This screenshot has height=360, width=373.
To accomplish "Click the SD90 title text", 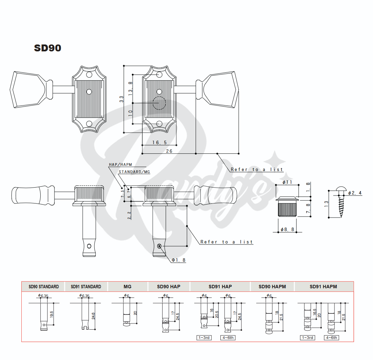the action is click(48, 48).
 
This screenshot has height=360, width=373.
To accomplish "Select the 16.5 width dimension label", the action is click(159, 142).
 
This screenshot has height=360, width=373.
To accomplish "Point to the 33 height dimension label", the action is click(122, 99).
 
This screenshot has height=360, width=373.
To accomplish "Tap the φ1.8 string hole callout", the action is click(178, 260).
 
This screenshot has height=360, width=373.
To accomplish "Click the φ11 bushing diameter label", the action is click(287, 182).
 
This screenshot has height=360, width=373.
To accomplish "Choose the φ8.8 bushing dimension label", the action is click(287, 229).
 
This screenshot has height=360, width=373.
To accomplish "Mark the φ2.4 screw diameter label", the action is click(355, 193).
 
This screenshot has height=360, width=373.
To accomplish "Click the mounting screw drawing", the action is click(341, 202).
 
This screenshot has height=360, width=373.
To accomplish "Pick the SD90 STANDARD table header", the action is click(44, 287).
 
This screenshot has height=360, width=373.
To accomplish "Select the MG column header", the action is click(127, 287).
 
